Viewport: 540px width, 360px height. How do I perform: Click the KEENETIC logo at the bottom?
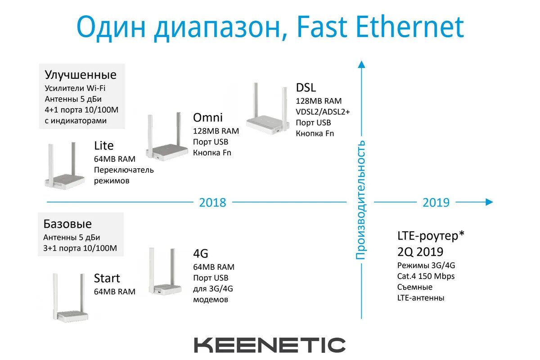point(270,345)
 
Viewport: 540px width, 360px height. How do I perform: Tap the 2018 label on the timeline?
point(212,202)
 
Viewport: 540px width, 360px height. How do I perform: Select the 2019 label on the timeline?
point(436,202)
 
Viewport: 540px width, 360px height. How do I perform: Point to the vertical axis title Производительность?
point(360,200)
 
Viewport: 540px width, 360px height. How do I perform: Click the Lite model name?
point(104,146)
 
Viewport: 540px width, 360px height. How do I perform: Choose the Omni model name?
point(208,118)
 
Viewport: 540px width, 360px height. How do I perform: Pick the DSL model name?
point(306,88)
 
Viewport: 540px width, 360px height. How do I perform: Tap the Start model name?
point(107,278)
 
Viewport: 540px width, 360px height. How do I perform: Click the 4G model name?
point(201,253)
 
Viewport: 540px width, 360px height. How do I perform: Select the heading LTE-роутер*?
point(431,236)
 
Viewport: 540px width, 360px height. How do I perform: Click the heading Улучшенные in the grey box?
point(81,75)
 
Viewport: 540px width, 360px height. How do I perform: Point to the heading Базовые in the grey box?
point(67,224)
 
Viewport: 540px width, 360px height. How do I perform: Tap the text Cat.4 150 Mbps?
point(426,276)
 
